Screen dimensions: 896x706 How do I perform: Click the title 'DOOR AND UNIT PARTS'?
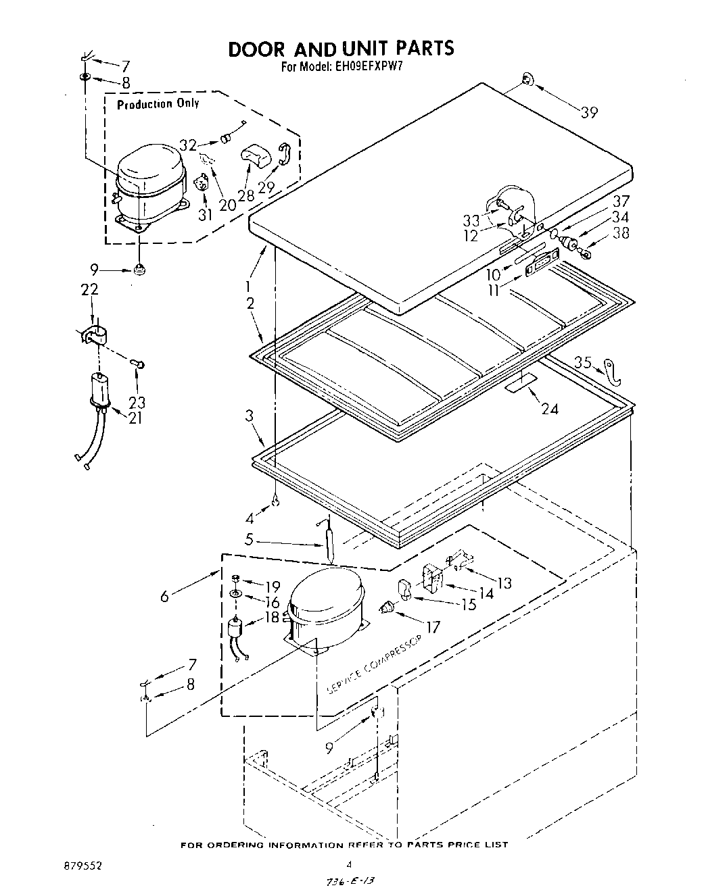tap(341, 49)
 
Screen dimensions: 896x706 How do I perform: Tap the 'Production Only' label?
tap(158, 103)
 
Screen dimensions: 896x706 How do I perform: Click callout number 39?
tap(589, 113)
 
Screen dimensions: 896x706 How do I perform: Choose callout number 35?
tap(583, 362)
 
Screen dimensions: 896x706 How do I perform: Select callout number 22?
tap(90, 290)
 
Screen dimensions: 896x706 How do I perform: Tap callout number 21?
tap(135, 418)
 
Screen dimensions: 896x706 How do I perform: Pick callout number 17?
tap(432, 627)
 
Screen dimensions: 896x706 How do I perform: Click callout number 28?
tap(246, 195)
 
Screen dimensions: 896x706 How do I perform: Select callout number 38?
tap(620, 233)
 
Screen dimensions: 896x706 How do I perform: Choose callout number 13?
tap(504, 582)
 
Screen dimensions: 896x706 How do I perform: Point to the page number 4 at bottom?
tap(350, 864)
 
